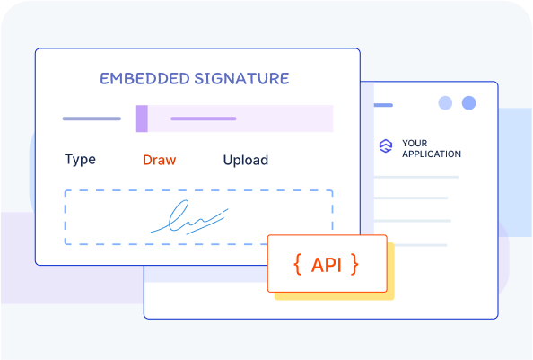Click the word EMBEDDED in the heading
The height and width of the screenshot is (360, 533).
point(144,78)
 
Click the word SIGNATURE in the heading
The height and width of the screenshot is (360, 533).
point(241,78)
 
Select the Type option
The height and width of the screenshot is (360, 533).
point(80,160)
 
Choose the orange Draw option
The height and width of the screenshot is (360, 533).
point(160,160)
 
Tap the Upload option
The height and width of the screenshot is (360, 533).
point(246,160)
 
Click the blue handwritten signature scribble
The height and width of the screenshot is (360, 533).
point(189,217)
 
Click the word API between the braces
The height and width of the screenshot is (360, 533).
point(327,265)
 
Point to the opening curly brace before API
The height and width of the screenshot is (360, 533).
point(298,264)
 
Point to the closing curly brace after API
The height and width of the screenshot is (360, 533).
point(354,264)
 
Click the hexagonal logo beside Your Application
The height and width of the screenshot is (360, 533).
point(386,145)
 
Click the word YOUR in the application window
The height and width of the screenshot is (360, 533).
point(415,143)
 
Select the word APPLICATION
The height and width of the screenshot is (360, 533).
point(432,154)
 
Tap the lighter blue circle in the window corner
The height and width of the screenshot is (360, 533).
point(445,103)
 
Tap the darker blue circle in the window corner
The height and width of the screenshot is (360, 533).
point(468,103)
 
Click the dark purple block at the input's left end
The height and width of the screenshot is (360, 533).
point(142,119)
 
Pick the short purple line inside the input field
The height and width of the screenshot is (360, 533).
point(204,119)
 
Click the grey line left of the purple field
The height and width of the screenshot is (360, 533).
point(92,119)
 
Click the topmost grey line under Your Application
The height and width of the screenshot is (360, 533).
point(416,177)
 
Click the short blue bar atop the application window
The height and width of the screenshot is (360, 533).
point(383,105)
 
